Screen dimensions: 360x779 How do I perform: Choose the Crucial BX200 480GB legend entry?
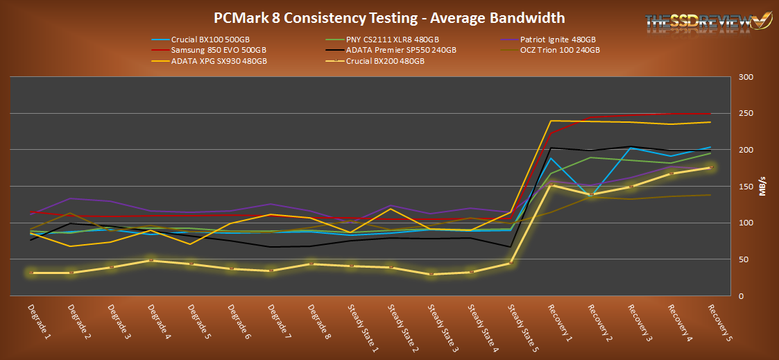(388, 61)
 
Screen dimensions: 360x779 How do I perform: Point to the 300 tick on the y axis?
(744, 77)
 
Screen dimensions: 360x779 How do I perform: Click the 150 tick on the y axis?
(744, 187)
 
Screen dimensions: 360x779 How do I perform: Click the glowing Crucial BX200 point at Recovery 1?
(551, 185)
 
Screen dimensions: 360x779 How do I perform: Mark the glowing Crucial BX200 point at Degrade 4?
(150, 260)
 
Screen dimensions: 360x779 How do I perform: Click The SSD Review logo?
(703, 22)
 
